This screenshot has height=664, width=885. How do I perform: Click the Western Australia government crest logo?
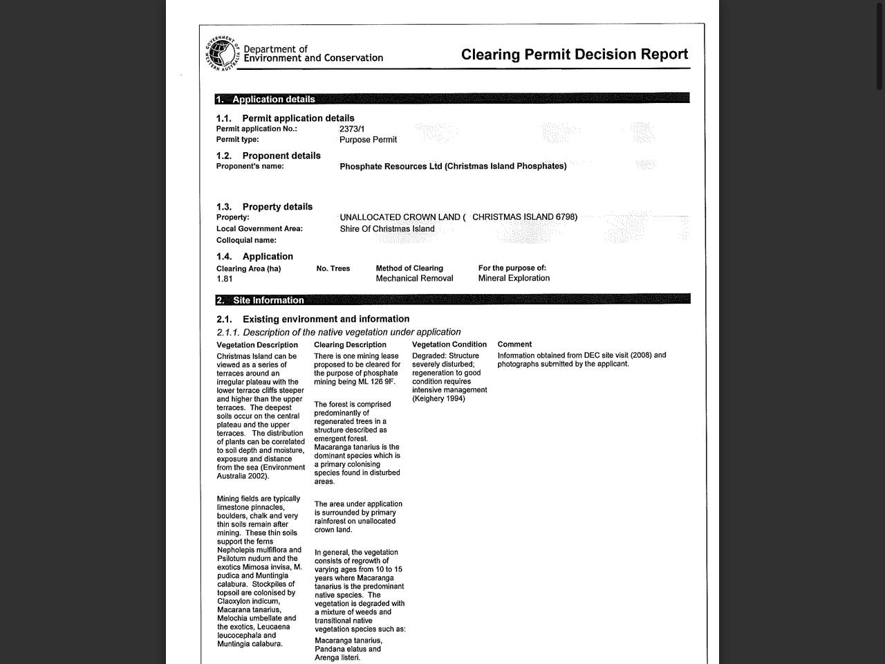pos(222,53)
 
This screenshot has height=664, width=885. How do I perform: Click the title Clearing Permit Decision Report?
pos(575,55)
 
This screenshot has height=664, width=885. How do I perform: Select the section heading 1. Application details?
pos(265,99)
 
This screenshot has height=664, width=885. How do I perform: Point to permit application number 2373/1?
pos(352,129)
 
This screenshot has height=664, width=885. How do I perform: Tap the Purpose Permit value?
pos(368,140)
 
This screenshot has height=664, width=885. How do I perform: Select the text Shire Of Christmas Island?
pos(387,229)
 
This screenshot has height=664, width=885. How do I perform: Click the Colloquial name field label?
pos(246,240)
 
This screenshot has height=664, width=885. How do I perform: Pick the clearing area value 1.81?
pos(225,279)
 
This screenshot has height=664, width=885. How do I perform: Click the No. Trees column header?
pos(333,268)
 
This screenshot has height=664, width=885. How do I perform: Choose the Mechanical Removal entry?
pos(414,278)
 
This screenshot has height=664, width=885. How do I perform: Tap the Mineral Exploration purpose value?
pos(514,278)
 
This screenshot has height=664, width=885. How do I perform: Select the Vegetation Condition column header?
pos(449,344)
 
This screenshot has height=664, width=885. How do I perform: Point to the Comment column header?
pos(514,344)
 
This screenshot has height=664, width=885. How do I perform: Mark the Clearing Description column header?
pos(350,344)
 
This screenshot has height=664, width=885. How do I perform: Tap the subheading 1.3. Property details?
pos(264,207)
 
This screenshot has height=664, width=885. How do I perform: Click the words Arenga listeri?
pos(337,657)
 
